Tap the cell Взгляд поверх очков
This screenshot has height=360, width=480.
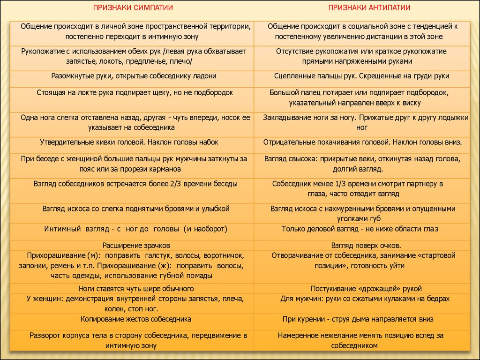[x=366, y=245]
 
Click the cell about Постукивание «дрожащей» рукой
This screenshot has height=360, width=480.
[x=366, y=288]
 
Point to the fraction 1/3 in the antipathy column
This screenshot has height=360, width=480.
[x=329, y=184]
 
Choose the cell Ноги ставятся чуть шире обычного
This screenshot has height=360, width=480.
[x=136, y=288]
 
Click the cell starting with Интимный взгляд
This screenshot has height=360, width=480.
[x=136, y=229]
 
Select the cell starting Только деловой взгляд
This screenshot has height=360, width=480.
[x=360, y=229]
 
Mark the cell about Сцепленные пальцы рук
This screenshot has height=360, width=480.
[x=362, y=75]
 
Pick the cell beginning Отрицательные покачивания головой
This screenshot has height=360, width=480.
[x=363, y=142]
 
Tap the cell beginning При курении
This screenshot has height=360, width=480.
[x=358, y=319]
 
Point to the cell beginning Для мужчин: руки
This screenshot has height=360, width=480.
[x=365, y=298]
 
